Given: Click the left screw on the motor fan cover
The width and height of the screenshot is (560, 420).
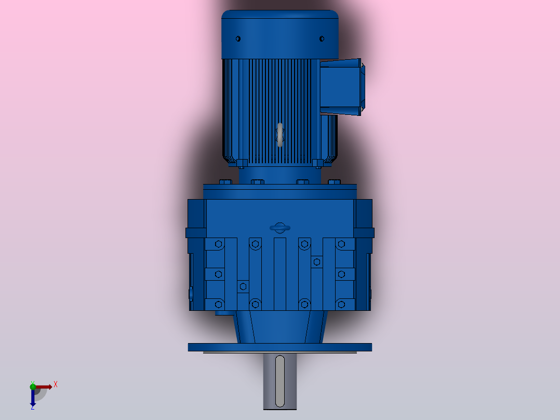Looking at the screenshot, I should coord(238,38).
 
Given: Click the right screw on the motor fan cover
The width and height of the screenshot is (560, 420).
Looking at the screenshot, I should coord(322,38).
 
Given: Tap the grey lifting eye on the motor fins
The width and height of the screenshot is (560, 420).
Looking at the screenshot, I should coord(280,135).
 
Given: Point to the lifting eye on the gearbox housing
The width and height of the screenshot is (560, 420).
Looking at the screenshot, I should coord(279,228).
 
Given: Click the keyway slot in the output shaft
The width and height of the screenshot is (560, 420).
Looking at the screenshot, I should coord(279,380).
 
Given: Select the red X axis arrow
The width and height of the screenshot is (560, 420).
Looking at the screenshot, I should coord(44,387).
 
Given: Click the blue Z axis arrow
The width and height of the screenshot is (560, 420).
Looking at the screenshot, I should coord(33,398).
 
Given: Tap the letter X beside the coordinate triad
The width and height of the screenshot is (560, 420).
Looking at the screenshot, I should coord(56,384).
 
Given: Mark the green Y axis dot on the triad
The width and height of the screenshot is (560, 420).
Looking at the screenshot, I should coord(33,385).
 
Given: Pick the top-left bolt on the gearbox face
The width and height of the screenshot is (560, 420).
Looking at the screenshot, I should coord(218,244).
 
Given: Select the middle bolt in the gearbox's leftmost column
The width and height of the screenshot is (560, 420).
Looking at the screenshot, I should coord(218,274).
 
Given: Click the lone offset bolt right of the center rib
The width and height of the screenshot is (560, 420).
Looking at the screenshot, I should coord(316,262).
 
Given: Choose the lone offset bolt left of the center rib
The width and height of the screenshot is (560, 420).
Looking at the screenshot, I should coord(243,286).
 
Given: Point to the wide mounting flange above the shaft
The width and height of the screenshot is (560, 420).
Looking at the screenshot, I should coord(279,347).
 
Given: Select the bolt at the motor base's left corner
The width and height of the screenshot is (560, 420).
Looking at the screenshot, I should coord(242,164).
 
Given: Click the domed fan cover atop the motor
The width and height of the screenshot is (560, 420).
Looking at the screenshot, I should coord(280,34).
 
